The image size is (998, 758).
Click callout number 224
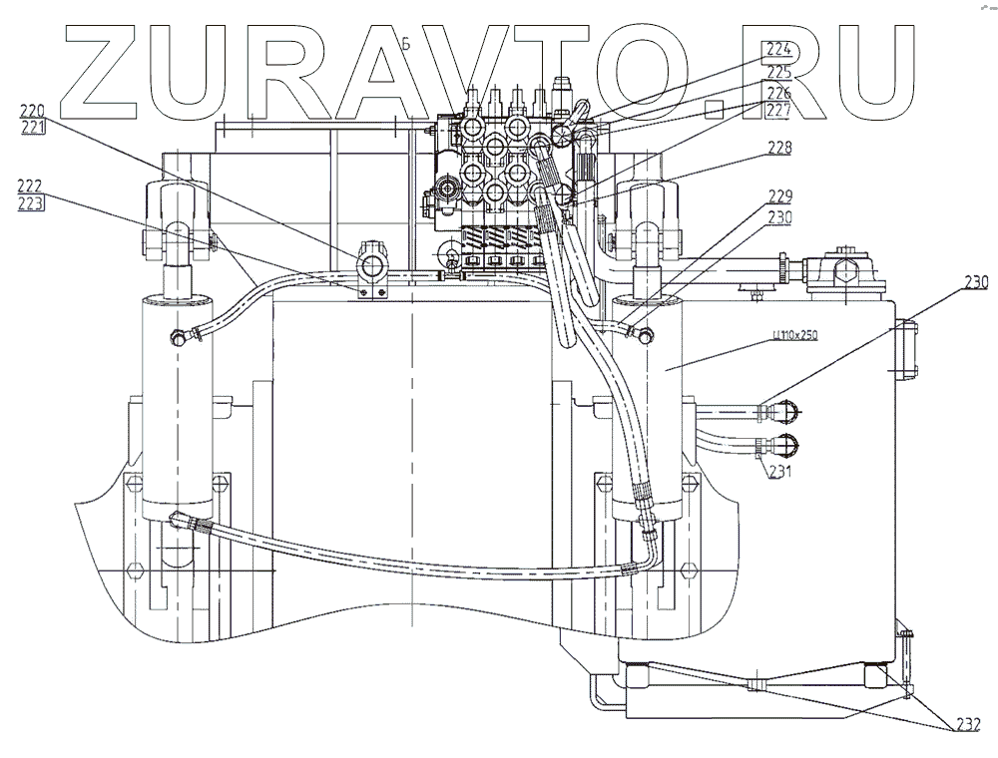coord(778,48)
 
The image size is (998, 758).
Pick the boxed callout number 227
coord(778,110)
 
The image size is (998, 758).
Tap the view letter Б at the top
coord(406,44)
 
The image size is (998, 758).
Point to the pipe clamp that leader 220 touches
coord(372,269)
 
